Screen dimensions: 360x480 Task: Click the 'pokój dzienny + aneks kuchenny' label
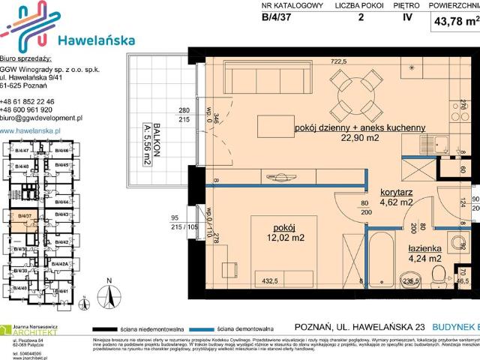pos(361,127)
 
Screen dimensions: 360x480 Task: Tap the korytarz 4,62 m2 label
pos(397,197)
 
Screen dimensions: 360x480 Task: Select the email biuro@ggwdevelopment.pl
pos(41,118)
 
